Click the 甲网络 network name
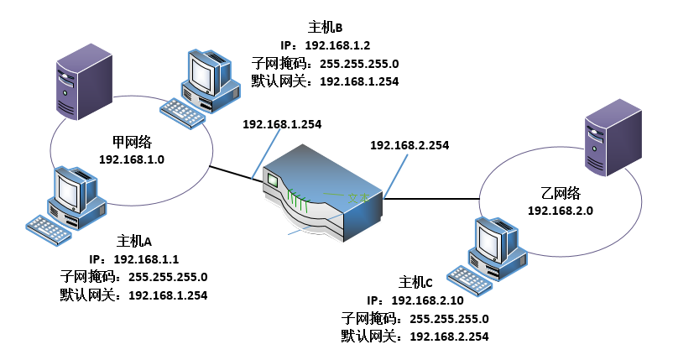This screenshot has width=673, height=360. (131, 142)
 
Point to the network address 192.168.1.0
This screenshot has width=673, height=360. (132, 159)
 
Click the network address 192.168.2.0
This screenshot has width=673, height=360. (561, 211)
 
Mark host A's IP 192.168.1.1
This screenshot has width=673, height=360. (147, 259)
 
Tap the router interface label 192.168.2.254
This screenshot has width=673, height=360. (409, 145)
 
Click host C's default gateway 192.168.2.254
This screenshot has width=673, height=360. (449, 336)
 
